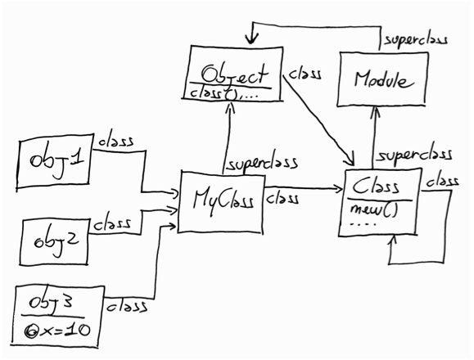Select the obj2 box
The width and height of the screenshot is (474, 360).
point(53,241)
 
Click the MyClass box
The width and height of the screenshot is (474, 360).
point(220,200)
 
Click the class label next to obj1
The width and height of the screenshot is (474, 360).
point(116,140)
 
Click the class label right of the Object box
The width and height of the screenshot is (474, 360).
point(305,73)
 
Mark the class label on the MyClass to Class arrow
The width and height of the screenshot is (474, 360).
point(284,197)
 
